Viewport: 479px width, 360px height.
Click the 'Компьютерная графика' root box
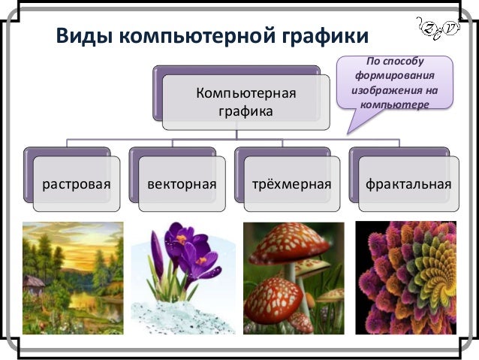tap(246, 102)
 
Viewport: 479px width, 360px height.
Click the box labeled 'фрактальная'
tap(408, 183)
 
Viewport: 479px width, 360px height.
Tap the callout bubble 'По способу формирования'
tap(394, 83)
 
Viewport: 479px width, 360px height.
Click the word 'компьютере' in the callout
tap(394, 104)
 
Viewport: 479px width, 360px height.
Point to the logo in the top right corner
tap(438, 29)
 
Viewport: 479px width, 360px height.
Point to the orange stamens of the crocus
tap(182, 240)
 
